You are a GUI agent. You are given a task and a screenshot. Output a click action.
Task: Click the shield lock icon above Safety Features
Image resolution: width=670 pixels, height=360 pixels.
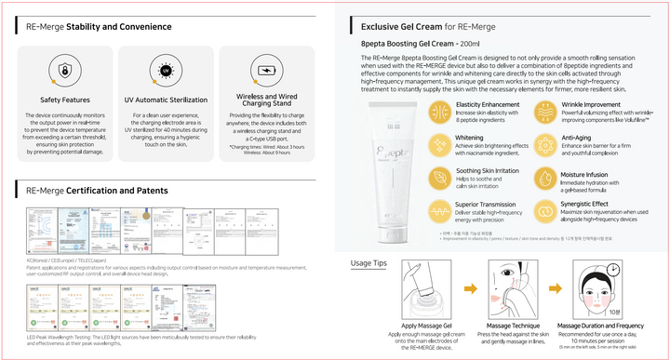tap(64, 71)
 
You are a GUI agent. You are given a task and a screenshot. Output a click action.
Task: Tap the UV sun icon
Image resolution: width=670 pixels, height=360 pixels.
tap(166, 71)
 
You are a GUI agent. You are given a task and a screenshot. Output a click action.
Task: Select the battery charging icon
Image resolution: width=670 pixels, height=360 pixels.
tap(267, 71)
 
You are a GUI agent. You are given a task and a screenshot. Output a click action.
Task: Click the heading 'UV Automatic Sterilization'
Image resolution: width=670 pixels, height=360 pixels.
tap(166, 100)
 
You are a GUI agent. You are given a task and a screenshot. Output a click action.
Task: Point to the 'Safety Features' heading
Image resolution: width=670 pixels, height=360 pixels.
tap(64, 100)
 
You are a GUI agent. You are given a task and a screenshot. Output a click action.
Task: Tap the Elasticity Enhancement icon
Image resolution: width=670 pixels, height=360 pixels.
tap(440, 112)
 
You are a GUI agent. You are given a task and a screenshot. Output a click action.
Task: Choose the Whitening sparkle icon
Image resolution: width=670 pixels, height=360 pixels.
tap(440, 144)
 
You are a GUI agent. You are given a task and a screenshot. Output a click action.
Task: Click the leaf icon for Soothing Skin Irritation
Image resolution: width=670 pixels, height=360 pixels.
tap(440, 177)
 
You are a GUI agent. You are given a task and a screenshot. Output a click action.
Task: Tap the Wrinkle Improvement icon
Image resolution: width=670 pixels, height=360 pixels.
tap(545, 112)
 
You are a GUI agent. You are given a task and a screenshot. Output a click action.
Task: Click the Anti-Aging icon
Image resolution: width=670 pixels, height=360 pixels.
tap(545, 144)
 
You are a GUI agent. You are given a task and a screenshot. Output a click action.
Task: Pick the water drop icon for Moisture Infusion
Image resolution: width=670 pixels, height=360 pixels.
tap(545, 177)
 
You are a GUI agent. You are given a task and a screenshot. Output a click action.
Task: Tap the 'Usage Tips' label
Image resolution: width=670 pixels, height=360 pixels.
tap(368, 263)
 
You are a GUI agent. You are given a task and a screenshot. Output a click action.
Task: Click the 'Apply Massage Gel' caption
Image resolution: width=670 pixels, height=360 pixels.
tap(427, 326)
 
